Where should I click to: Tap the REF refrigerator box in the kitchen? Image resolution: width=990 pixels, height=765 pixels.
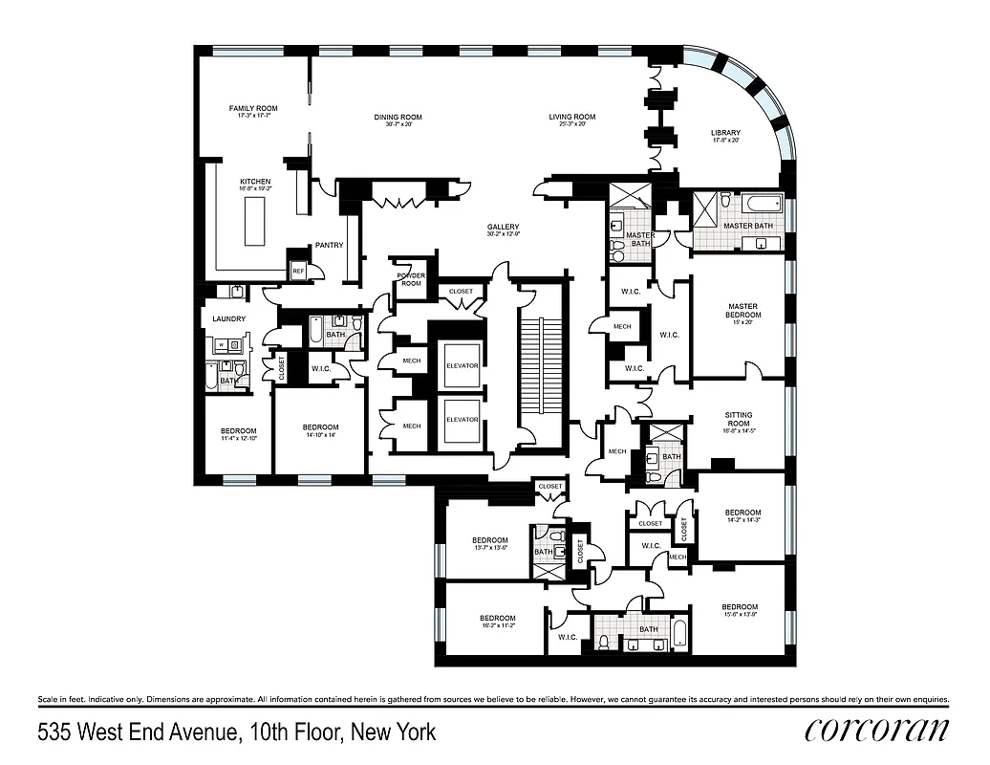click(x=298, y=272)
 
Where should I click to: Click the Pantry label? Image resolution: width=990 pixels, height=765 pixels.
click(x=329, y=246)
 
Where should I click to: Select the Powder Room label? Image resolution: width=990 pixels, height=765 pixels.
click(x=411, y=279)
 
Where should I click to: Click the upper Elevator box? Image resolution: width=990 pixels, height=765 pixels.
click(x=462, y=365)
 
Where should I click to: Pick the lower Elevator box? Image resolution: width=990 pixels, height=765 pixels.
click(x=462, y=421)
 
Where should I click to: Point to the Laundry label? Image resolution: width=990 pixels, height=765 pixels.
click(x=228, y=318)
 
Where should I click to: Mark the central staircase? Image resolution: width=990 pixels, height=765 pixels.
click(x=539, y=364)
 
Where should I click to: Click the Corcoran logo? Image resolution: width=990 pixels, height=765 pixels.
click(x=876, y=731)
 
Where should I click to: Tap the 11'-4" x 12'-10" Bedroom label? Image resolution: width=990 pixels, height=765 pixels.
click(x=239, y=434)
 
